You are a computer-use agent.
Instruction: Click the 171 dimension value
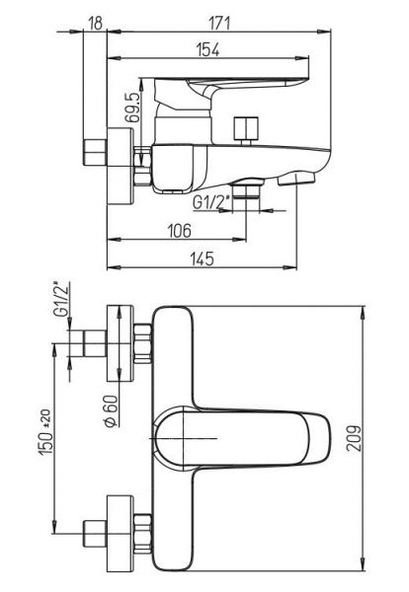click(x=218, y=23)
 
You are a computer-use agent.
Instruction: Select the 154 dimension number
click(x=208, y=49)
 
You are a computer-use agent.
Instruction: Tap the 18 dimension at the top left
click(x=96, y=23)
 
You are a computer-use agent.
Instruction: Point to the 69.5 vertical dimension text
click(x=132, y=107)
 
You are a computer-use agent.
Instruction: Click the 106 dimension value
click(x=180, y=230)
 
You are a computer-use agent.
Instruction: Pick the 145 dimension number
click(x=203, y=259)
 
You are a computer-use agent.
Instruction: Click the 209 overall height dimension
click(x=355, y=438)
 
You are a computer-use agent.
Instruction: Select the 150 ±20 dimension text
click(x=45, y=432)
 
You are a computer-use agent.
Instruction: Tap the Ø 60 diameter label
click(x=111, y=411)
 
